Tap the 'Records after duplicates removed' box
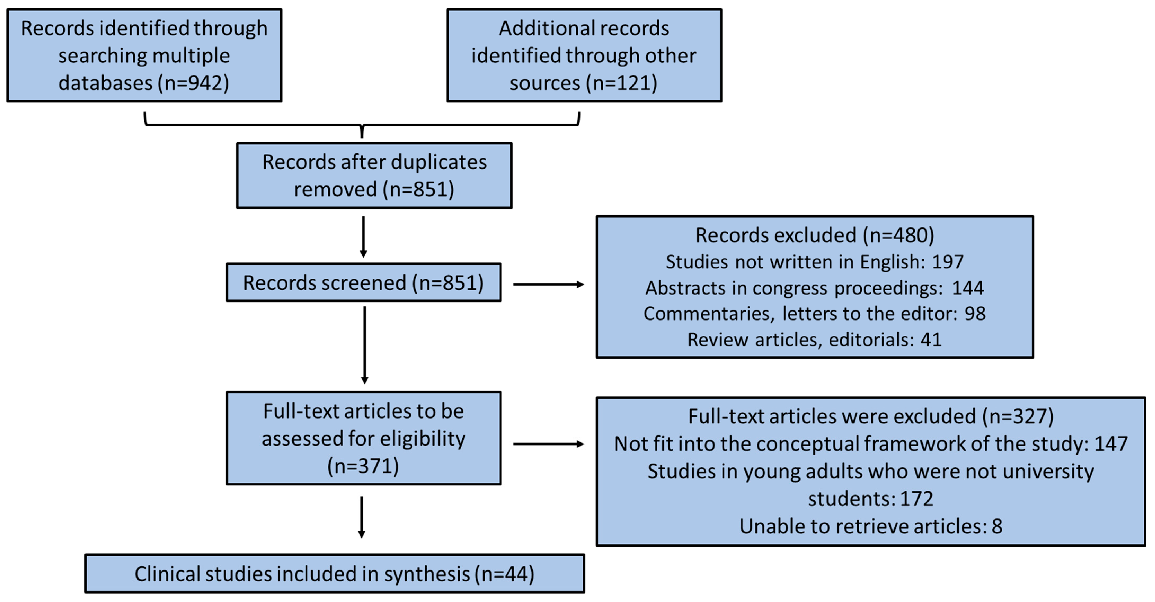(x=374, y=175)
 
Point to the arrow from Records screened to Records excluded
(x=548, y=284)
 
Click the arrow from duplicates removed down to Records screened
(x=363, y=237)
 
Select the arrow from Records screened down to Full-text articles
(x=365, y=345)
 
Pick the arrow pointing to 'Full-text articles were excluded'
(x=548, y=444)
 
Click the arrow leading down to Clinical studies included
(x=361, y=517)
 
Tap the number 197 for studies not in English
(x=947, y=262)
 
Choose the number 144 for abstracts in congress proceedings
(x=967, y=288)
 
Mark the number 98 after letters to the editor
(x=975, y=314)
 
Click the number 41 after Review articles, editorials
(x=931, y=340)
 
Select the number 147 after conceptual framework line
(x=1111, y=444)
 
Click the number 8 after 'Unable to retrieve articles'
(x=997, y=526)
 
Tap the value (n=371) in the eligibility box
(x=363, y=466)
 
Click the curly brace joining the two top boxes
(x=362, y=125)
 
